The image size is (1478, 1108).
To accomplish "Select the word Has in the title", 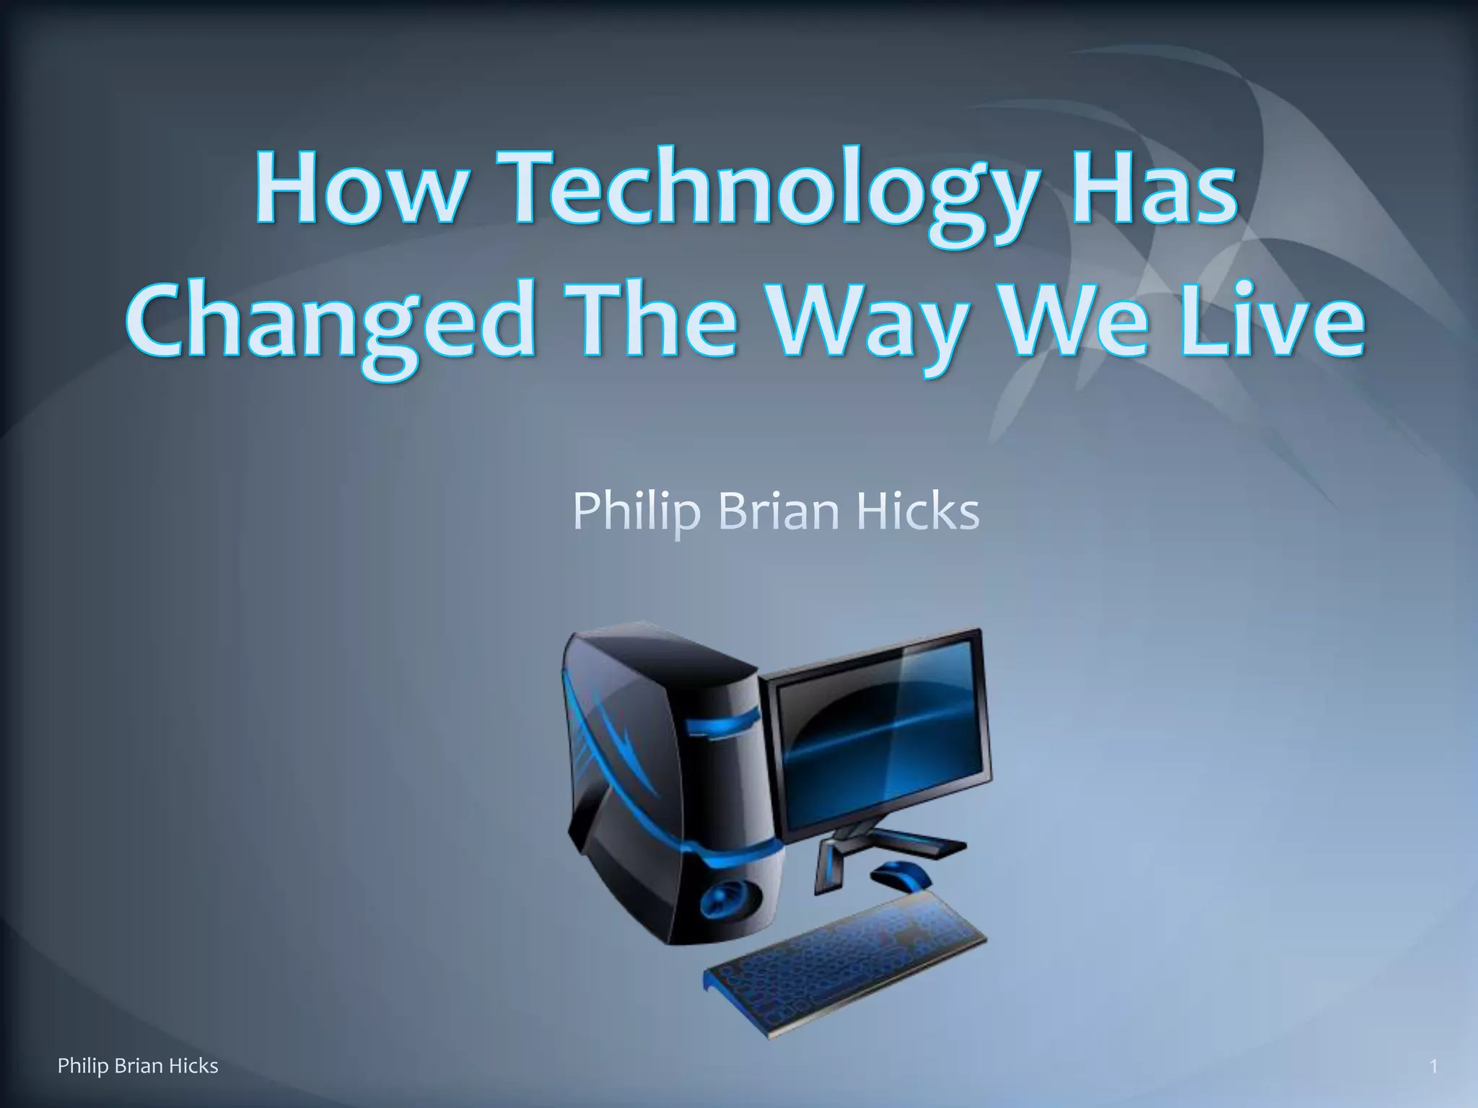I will (1155, 189).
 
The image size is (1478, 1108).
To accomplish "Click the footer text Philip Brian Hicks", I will (138, 1065).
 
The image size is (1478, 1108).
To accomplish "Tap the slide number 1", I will (1433, 1066).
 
